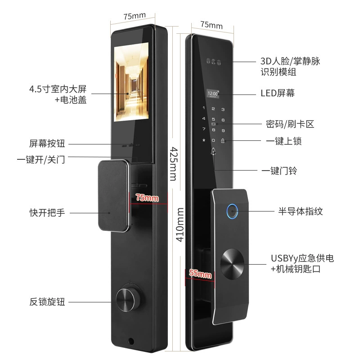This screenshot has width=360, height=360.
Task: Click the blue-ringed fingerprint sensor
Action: point(232,211)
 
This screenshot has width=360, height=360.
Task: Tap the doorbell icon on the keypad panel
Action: point(213,151)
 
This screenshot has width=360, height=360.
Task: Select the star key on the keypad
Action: point(204,140)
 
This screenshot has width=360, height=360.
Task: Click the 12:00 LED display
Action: point(213,94)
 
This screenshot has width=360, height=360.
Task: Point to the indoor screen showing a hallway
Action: point(131,82)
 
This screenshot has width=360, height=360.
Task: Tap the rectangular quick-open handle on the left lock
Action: point(113,196)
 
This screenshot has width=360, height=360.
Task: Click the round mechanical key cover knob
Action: point(232,264)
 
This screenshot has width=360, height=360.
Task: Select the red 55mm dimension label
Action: point(200,274)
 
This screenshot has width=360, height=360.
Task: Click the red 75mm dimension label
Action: point(147,198)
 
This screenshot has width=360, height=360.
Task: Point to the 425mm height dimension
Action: point(174,164)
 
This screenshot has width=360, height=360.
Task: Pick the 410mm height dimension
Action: point(180,225)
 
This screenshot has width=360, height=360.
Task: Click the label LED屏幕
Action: point(277,93)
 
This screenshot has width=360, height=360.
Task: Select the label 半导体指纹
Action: point(301,211)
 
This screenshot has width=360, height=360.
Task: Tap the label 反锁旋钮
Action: point(47,301)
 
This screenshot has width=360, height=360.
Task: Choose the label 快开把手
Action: point(47,212)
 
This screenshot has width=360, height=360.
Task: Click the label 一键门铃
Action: point(279,171)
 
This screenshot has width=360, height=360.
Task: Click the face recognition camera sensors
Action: point(213,61)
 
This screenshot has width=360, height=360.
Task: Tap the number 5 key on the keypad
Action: point(213,119)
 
